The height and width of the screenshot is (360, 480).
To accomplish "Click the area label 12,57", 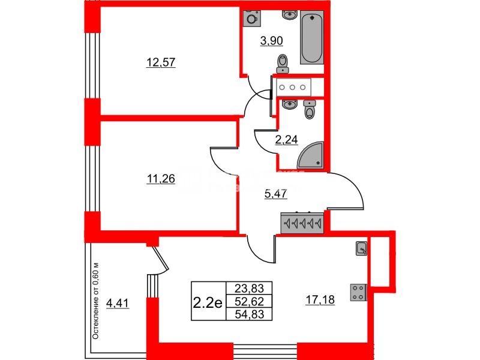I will tap(160, 61).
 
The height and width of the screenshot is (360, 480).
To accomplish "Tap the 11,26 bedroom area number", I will tap(160, 178).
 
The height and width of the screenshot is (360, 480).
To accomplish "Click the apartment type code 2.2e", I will tap(208, 302).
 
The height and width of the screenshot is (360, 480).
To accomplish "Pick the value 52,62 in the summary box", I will tap(249, 301).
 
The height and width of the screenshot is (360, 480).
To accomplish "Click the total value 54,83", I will tap(249, 314).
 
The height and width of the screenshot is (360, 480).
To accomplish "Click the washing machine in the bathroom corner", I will tap(252, 19).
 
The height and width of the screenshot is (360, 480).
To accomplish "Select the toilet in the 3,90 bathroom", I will tap(282, 62).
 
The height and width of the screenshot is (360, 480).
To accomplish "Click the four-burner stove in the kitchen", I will tap(359, 292).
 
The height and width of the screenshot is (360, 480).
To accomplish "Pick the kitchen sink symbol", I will tap(362, 248).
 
